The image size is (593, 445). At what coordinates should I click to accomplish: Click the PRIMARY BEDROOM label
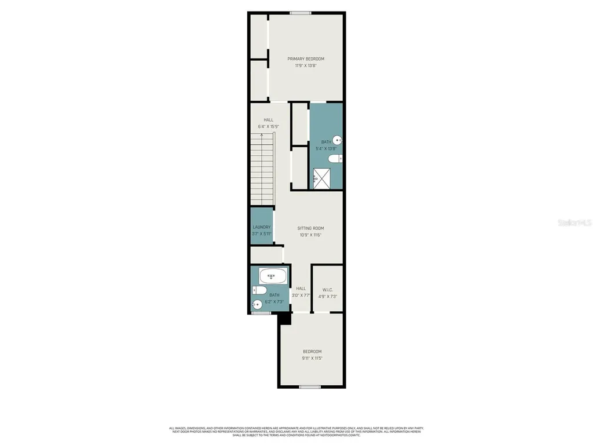[306, 59]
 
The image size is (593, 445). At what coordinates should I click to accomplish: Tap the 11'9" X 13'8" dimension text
[306, 66]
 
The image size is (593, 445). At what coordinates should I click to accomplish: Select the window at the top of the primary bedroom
[301, 13]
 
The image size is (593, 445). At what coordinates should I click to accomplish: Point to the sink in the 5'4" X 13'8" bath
[338, 140]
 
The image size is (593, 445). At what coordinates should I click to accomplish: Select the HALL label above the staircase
[268, 120]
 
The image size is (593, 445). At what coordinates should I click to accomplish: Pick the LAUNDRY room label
[262, 227]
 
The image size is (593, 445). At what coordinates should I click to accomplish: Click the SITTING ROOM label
[310, 228]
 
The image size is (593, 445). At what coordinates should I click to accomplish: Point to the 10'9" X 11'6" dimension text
[310, 235]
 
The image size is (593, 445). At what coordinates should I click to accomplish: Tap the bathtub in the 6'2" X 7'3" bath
[271, 276]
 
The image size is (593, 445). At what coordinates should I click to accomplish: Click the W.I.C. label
[327, 290]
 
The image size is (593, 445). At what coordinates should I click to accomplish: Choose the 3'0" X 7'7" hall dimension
[301, 296]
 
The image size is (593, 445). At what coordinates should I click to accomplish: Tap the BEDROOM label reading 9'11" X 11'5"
[312, 352]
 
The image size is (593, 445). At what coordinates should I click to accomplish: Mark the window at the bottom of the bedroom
[310, 386]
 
